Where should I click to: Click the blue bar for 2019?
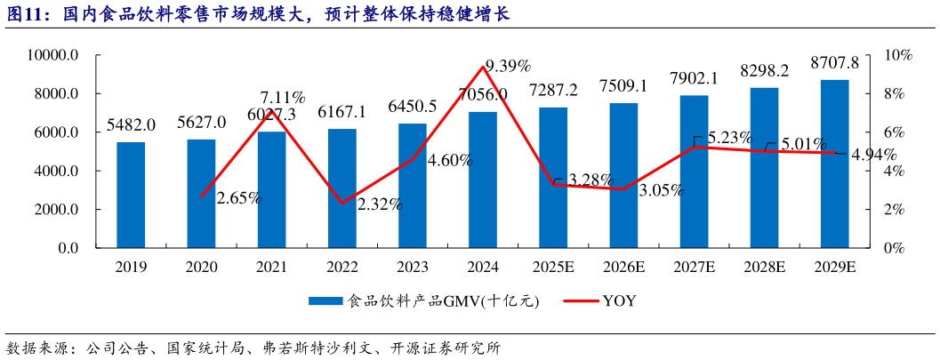pos(131,195)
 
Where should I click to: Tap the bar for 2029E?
pos(834,164)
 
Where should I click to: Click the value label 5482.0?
pos(131,125)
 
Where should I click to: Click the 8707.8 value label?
pos(834,63)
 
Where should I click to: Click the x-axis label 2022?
pos(342,266)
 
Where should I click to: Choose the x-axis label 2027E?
pos(694,266)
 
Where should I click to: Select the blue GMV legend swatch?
pos(325,301)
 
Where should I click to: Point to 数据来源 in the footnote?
pos(36,346)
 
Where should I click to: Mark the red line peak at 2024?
pos(483,67)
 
